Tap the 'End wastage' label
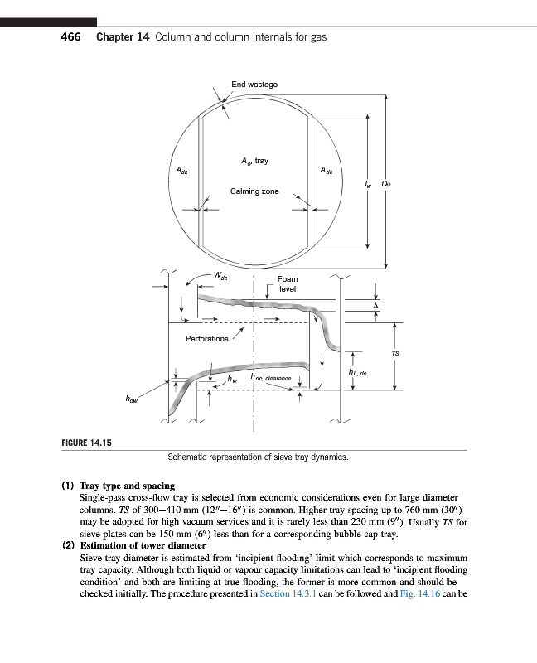point(254,85)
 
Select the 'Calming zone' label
point(254,191)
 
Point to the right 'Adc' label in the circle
point(326,171)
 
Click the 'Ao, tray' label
point(254,160)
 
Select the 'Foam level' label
point(288,284)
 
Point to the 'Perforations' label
point(207,339)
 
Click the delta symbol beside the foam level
point(375,306)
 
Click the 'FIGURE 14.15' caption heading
point(87,443)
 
